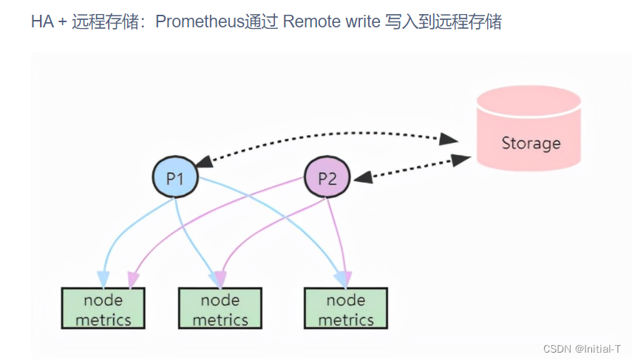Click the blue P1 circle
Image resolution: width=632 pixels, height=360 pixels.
tap(175, 177)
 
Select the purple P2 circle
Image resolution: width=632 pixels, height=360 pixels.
tap(327, 177)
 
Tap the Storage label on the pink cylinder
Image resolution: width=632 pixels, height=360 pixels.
tap(531, 143)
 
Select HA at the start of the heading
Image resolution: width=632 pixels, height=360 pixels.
tap(42, 21)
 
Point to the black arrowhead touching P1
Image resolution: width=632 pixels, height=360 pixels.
tap(201, 160)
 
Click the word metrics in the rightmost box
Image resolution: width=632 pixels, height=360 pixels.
tap(346, 319)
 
